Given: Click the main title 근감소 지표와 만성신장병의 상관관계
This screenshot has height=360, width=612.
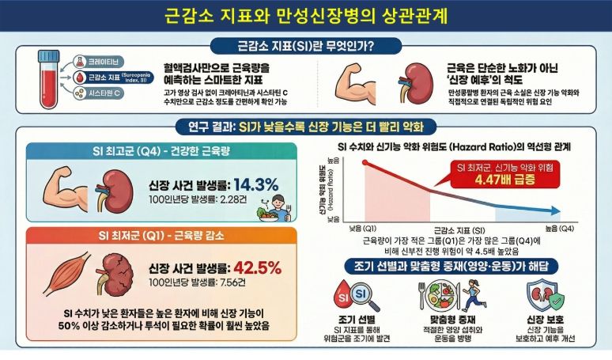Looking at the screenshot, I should [x=305, y=16].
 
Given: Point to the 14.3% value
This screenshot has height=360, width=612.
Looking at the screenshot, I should [x=255, y=184].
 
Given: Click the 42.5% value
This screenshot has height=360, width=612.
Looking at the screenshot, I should [x=255, y=267].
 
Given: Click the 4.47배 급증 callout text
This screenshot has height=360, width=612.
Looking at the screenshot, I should [x=489, y=179].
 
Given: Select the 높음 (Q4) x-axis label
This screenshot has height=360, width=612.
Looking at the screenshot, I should [x=559, y=229].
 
